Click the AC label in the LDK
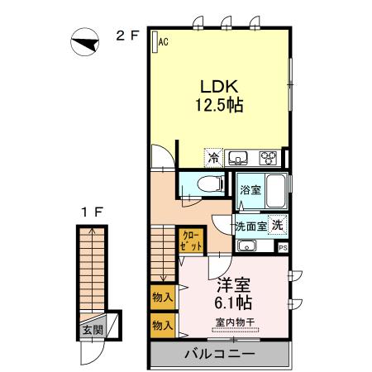click(163, 41)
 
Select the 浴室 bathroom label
click(249, 190)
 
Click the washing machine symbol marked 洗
click(278, 224)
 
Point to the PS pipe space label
click(283, 246)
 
